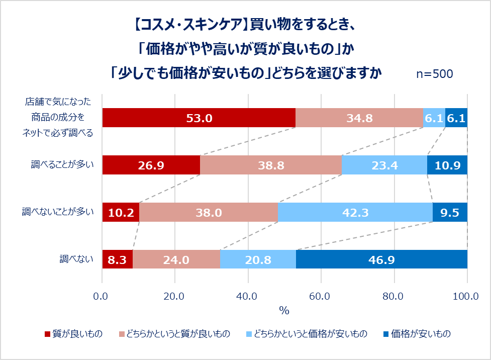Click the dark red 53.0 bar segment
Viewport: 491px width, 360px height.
199,118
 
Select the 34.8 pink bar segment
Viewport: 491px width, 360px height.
359,118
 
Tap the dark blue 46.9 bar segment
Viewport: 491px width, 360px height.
381,259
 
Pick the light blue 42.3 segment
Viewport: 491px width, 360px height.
355,212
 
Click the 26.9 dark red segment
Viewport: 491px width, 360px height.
151,165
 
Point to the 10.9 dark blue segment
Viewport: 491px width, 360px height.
447,165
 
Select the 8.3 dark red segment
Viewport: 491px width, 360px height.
117,259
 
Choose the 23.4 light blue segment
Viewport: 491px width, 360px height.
384,165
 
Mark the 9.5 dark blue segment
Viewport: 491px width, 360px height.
450,212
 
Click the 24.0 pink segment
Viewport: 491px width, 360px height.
176,259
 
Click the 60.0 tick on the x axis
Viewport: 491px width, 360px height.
321,297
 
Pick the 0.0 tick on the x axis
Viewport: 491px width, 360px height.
102,297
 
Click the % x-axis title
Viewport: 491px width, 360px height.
284,311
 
